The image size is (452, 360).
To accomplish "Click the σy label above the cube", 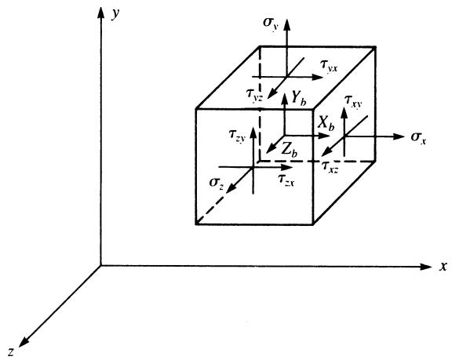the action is click(270, 23).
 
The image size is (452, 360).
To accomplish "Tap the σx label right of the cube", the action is click(418, 138).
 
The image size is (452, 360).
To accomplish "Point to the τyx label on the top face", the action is click(329, 67).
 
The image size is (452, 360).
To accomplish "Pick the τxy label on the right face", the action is click(354, 101).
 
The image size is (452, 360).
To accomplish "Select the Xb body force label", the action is click(326, 123).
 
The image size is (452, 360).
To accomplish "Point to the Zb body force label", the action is click(290, 150).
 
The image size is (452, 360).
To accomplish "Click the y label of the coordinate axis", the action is click(115, 14).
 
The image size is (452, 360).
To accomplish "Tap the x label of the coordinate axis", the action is click(443, 267).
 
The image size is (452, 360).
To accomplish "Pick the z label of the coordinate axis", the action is click(11, 351).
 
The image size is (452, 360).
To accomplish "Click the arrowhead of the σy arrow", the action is click(286, 24).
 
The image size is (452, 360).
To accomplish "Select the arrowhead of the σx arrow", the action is click(399, 136).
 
